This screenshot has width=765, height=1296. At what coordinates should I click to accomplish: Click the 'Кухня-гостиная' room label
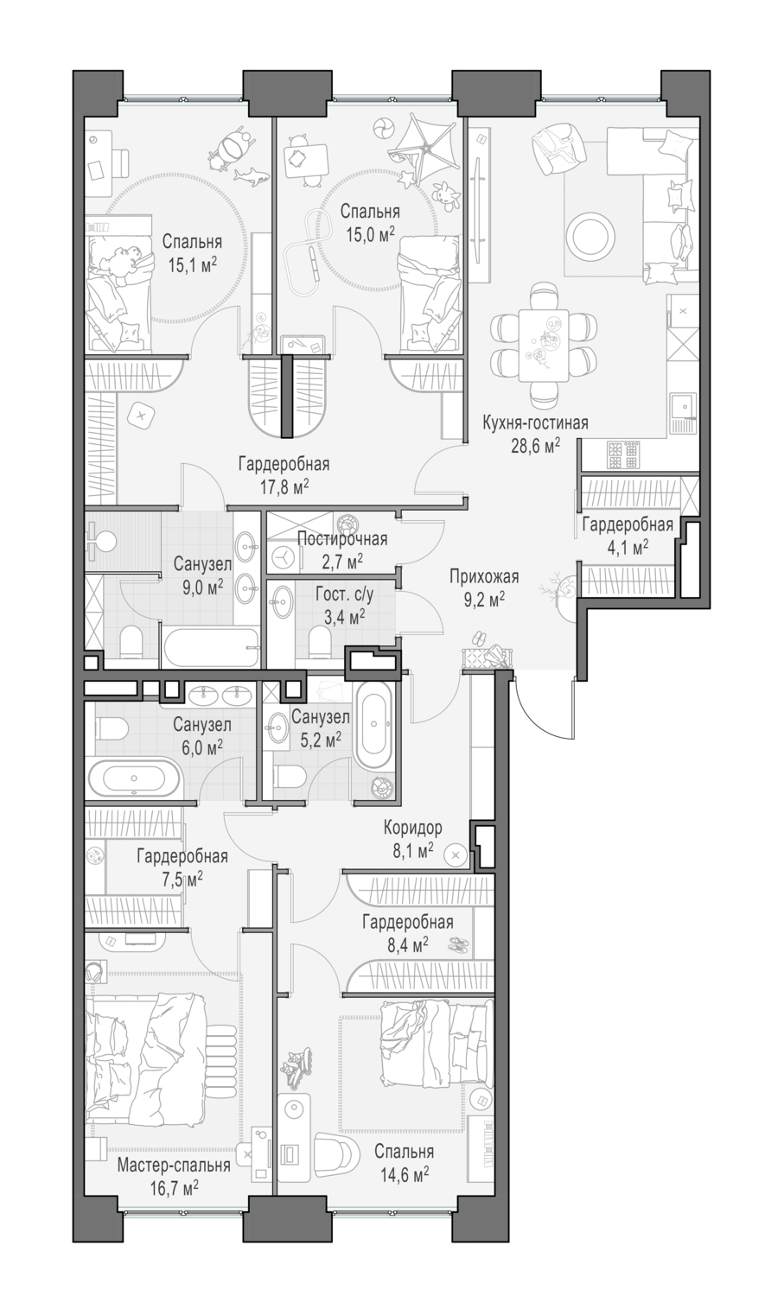point(535,423)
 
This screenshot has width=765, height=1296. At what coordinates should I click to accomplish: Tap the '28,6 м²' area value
point(535,446)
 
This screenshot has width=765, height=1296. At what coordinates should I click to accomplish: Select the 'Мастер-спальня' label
point(174,1165)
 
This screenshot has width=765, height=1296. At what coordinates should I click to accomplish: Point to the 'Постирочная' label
point(342,539)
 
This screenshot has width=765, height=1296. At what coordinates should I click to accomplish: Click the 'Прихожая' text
point(484,577)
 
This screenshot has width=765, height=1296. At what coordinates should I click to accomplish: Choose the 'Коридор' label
point(412,828)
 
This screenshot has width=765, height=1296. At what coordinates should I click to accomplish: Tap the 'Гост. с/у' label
point(345,594)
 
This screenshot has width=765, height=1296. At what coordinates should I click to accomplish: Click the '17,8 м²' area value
point(284,486)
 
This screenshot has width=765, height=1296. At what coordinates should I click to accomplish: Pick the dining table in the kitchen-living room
point(544,346)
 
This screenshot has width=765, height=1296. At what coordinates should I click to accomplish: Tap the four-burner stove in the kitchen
point(622,454)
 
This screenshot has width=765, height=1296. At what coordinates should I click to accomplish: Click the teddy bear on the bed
point(126,258)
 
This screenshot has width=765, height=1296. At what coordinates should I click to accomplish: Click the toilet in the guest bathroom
point(320,644)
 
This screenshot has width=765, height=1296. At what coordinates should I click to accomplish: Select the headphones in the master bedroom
point(95,971)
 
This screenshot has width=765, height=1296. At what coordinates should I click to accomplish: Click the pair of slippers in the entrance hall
point(477,638)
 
